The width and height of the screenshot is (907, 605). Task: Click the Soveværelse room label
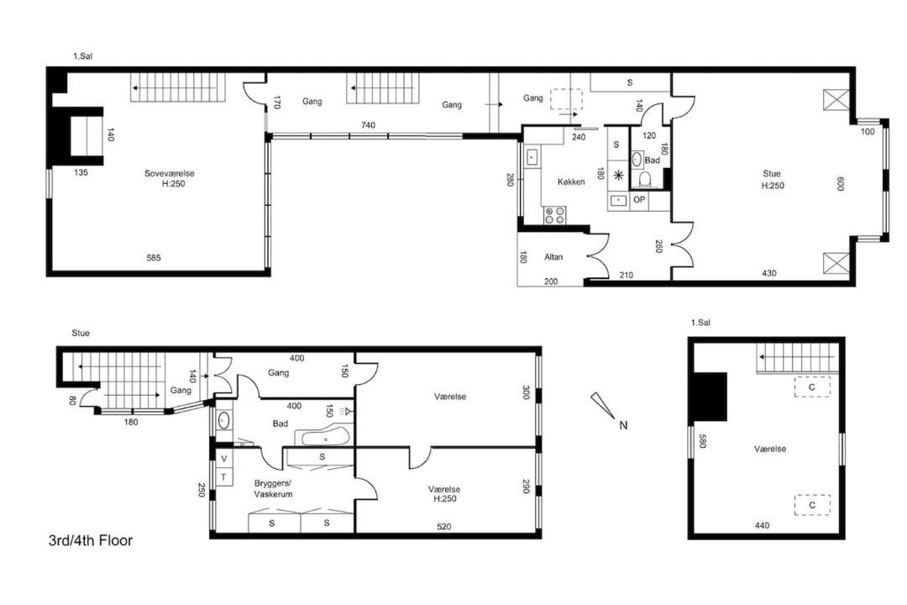[170, 173]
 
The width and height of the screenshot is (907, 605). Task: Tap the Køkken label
[571, 181]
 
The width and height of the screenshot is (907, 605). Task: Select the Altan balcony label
[553, 256]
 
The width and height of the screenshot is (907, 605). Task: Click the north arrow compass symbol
[602, 405]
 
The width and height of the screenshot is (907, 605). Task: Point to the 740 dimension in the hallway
[368, 125]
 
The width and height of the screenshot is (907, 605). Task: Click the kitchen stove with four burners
[554, 215]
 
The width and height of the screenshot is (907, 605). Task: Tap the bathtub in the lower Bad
[322, 435]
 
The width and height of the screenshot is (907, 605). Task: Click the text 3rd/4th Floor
[91, 541]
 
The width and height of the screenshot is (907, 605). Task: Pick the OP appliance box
[639, 200]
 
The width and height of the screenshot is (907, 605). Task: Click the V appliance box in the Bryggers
[224, 459]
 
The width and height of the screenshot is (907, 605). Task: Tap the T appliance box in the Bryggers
[224, 477]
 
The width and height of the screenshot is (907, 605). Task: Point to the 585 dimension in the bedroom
[154, 258]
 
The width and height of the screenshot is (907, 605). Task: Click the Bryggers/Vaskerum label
[273, 489]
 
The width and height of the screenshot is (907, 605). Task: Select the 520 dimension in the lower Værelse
[443, 526]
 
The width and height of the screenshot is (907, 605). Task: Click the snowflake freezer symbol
[618, 176]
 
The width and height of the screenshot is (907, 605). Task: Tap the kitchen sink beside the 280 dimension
[532, 156]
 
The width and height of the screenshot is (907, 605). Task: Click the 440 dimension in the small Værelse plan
[762, 525]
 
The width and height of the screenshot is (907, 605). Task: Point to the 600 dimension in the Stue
[841, 183]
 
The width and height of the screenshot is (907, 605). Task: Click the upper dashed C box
[812, 387]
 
